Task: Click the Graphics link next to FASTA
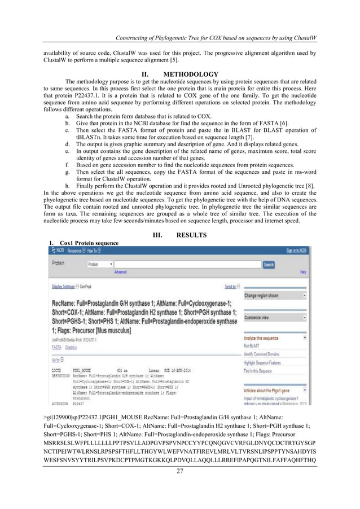click(71, 348)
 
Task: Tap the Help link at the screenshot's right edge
click(303, 271)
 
